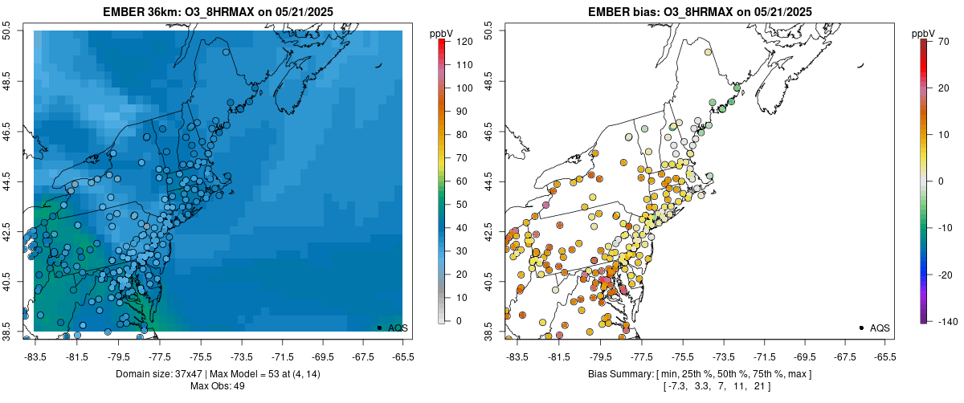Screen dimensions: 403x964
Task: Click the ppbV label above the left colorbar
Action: [x=441, y=33]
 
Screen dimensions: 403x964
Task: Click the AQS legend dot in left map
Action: [x=379, y=328]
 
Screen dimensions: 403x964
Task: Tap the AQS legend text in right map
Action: [x=880, y=328]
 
